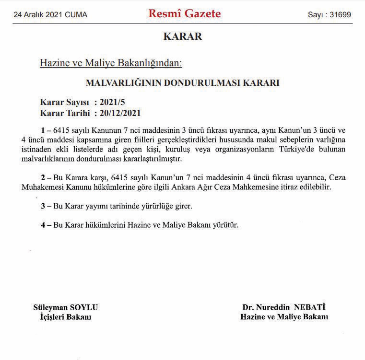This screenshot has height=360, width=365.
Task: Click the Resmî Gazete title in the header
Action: (185, 13)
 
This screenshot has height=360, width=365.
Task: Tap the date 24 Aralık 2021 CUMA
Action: (50, 15)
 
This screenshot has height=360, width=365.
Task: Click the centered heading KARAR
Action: (182, 36)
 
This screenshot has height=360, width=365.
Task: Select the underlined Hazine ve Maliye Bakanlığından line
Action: (111, 63)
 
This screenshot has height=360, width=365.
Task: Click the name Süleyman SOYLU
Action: (66, 308)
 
